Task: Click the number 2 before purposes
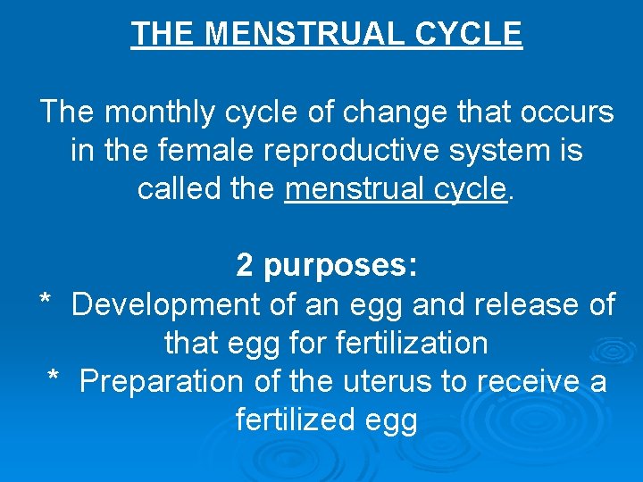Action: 245,266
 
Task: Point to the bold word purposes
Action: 340,266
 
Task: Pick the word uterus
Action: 385,381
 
